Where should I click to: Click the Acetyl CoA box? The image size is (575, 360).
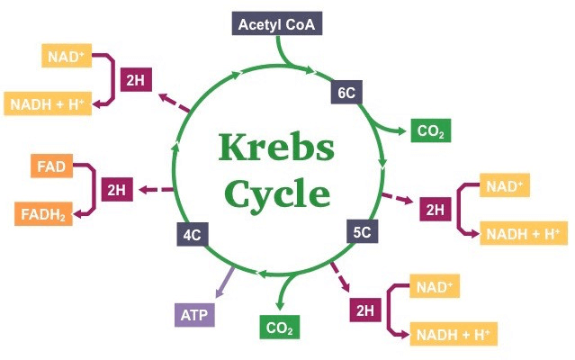click(277, 23)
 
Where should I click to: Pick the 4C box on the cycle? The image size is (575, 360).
click(191, 236)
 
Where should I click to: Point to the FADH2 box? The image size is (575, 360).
click(43, 214)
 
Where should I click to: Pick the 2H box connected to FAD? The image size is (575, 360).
click(116, 190)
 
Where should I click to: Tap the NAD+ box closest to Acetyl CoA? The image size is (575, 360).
click(65, 57)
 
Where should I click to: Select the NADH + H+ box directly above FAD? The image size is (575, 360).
click(45, 103)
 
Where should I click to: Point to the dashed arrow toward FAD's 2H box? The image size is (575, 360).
click(155, 190)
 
